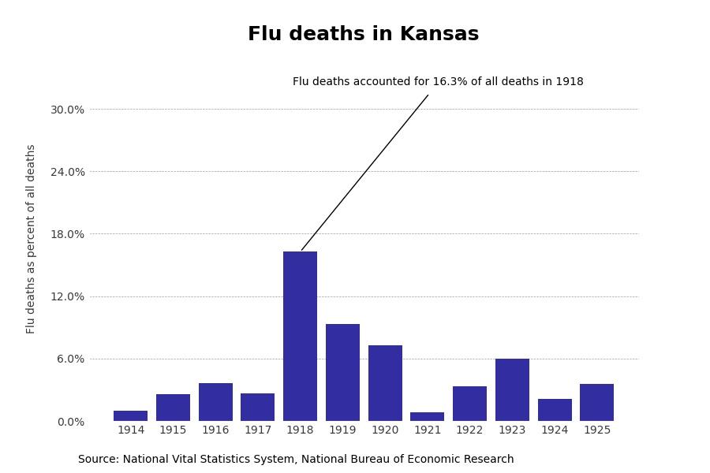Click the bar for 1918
(300, 336)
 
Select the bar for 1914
(130, 415)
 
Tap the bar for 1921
(427, 416)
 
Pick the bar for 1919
(342, 372)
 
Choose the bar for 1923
(512, 389)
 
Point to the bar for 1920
(385, 383)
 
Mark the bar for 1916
(215, 402)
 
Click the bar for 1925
(596, 402)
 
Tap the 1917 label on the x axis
(258, 430)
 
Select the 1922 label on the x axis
(469, 430)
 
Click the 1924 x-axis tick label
(555, 430)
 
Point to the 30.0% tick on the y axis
(67, 110)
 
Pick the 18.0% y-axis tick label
(67, 234)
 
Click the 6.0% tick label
(70, 359)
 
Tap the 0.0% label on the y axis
(70, 422)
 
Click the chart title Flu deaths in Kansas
(363, 35)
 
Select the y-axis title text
(32, 238)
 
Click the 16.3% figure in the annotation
(450, 82)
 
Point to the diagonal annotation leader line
(364, 173)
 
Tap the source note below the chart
(296, 460)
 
